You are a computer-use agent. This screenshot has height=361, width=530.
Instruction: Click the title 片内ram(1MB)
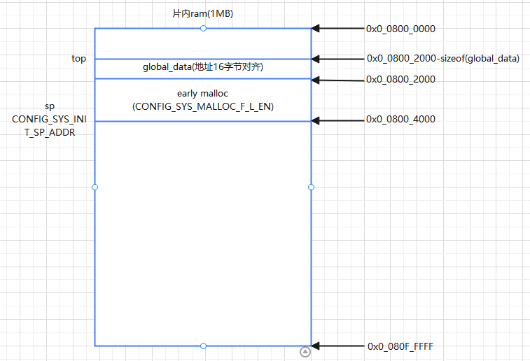(203, 13)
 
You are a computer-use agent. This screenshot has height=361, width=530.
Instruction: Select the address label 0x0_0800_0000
(400, 29)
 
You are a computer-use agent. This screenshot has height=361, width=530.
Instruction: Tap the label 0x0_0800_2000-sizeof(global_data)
(442, 59)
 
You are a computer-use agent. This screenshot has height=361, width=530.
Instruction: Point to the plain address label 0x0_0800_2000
(400, 79)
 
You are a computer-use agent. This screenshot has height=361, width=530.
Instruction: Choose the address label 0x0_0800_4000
(400, 120)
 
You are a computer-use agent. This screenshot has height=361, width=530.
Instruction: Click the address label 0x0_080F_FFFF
(400, 346)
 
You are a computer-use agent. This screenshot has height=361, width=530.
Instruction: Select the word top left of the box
(79, 59)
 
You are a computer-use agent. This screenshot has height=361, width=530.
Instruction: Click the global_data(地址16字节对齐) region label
(203, 68)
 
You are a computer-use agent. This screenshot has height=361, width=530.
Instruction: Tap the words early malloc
(203, 93)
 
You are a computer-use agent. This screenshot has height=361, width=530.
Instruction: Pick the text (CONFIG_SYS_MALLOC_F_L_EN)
(203, 106)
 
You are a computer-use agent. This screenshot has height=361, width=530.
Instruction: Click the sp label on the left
(50, 106)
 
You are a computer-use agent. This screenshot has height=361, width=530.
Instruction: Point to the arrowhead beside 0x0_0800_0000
(316, 29)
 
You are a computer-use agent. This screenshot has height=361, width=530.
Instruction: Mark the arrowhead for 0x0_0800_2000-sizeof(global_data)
(316, 59)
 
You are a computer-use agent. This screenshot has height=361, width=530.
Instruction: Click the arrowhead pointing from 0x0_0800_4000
(316, 120)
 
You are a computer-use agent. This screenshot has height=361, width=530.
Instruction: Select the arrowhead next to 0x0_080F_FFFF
(316, 346)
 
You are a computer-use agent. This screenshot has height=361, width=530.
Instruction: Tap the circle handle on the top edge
(203, 28)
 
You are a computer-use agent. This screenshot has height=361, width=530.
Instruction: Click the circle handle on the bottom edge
(203, 346)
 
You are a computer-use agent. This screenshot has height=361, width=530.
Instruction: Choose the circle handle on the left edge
(95, 187)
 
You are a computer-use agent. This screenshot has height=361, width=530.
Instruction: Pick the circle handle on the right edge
(311, 187)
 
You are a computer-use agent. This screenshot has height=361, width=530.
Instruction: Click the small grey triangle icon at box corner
(305, 352)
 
